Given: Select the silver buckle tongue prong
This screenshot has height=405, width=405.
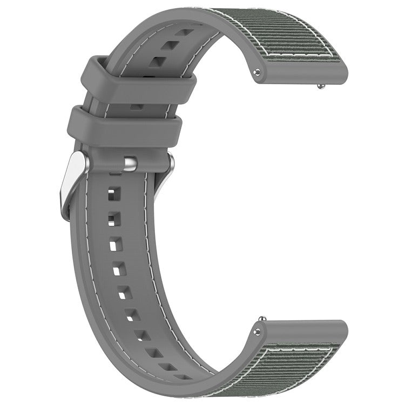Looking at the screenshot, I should click(x=130, y=163).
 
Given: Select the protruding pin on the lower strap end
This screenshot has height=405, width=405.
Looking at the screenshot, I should click(x=262, y=319).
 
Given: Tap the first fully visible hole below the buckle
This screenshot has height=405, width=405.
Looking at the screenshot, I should click(x=113, y=192).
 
